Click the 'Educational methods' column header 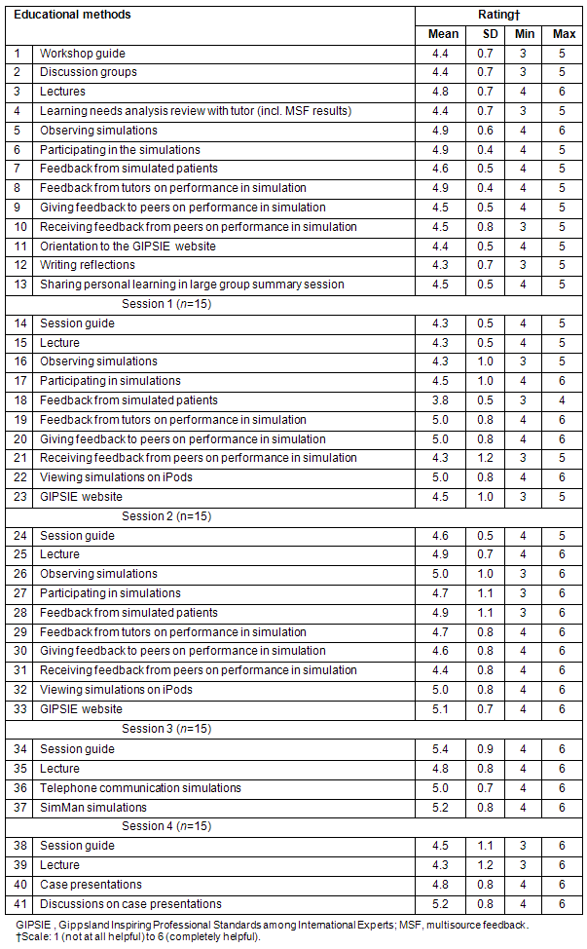72,15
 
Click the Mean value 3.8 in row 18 443,400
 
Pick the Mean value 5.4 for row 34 443,749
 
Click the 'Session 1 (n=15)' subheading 165,304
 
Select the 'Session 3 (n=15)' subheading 165,729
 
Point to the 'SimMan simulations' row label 93,807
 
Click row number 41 19,903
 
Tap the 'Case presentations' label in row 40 91,884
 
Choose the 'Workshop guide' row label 82,54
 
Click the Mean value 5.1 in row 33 443,709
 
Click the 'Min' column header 525,34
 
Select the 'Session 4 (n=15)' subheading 165,825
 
